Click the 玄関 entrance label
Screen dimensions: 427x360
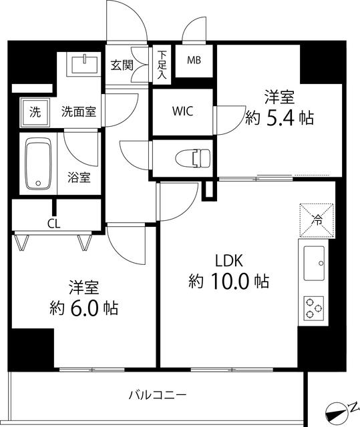122,65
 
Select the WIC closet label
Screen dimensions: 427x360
182,111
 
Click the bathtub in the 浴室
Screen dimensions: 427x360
37,163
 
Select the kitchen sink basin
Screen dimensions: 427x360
314,264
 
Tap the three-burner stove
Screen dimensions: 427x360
314,308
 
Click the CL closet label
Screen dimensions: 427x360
53,224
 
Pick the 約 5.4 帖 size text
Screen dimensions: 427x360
279,118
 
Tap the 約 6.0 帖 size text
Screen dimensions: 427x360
83,308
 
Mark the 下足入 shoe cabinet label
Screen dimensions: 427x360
162,65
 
